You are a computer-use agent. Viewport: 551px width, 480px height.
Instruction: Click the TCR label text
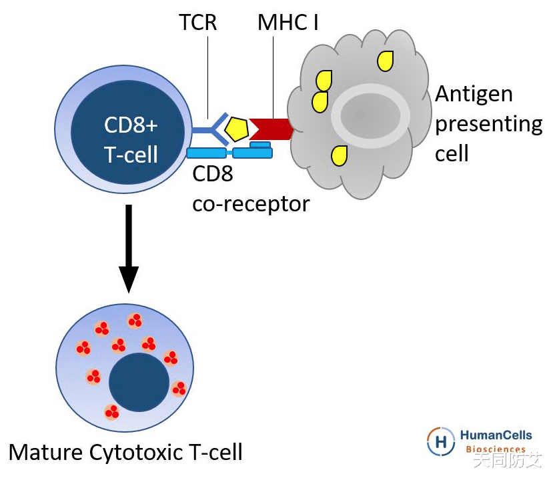198,23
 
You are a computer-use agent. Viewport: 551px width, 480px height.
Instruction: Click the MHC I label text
288,23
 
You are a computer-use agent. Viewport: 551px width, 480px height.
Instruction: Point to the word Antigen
474,93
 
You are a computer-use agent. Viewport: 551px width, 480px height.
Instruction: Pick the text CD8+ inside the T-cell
131,125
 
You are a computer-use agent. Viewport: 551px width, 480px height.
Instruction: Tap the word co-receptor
251,203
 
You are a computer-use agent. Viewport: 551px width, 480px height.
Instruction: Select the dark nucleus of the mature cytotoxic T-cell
139,382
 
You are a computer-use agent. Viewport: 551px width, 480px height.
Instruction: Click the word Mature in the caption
45,453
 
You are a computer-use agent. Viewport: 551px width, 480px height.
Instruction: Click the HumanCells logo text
496,435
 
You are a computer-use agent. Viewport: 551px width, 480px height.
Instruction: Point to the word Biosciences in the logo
495,449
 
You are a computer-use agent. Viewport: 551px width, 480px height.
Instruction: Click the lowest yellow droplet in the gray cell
340,156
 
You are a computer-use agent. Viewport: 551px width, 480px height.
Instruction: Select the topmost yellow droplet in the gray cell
385,61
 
